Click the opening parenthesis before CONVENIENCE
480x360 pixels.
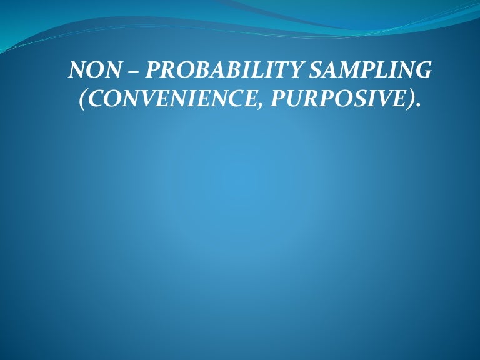[82, 101]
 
